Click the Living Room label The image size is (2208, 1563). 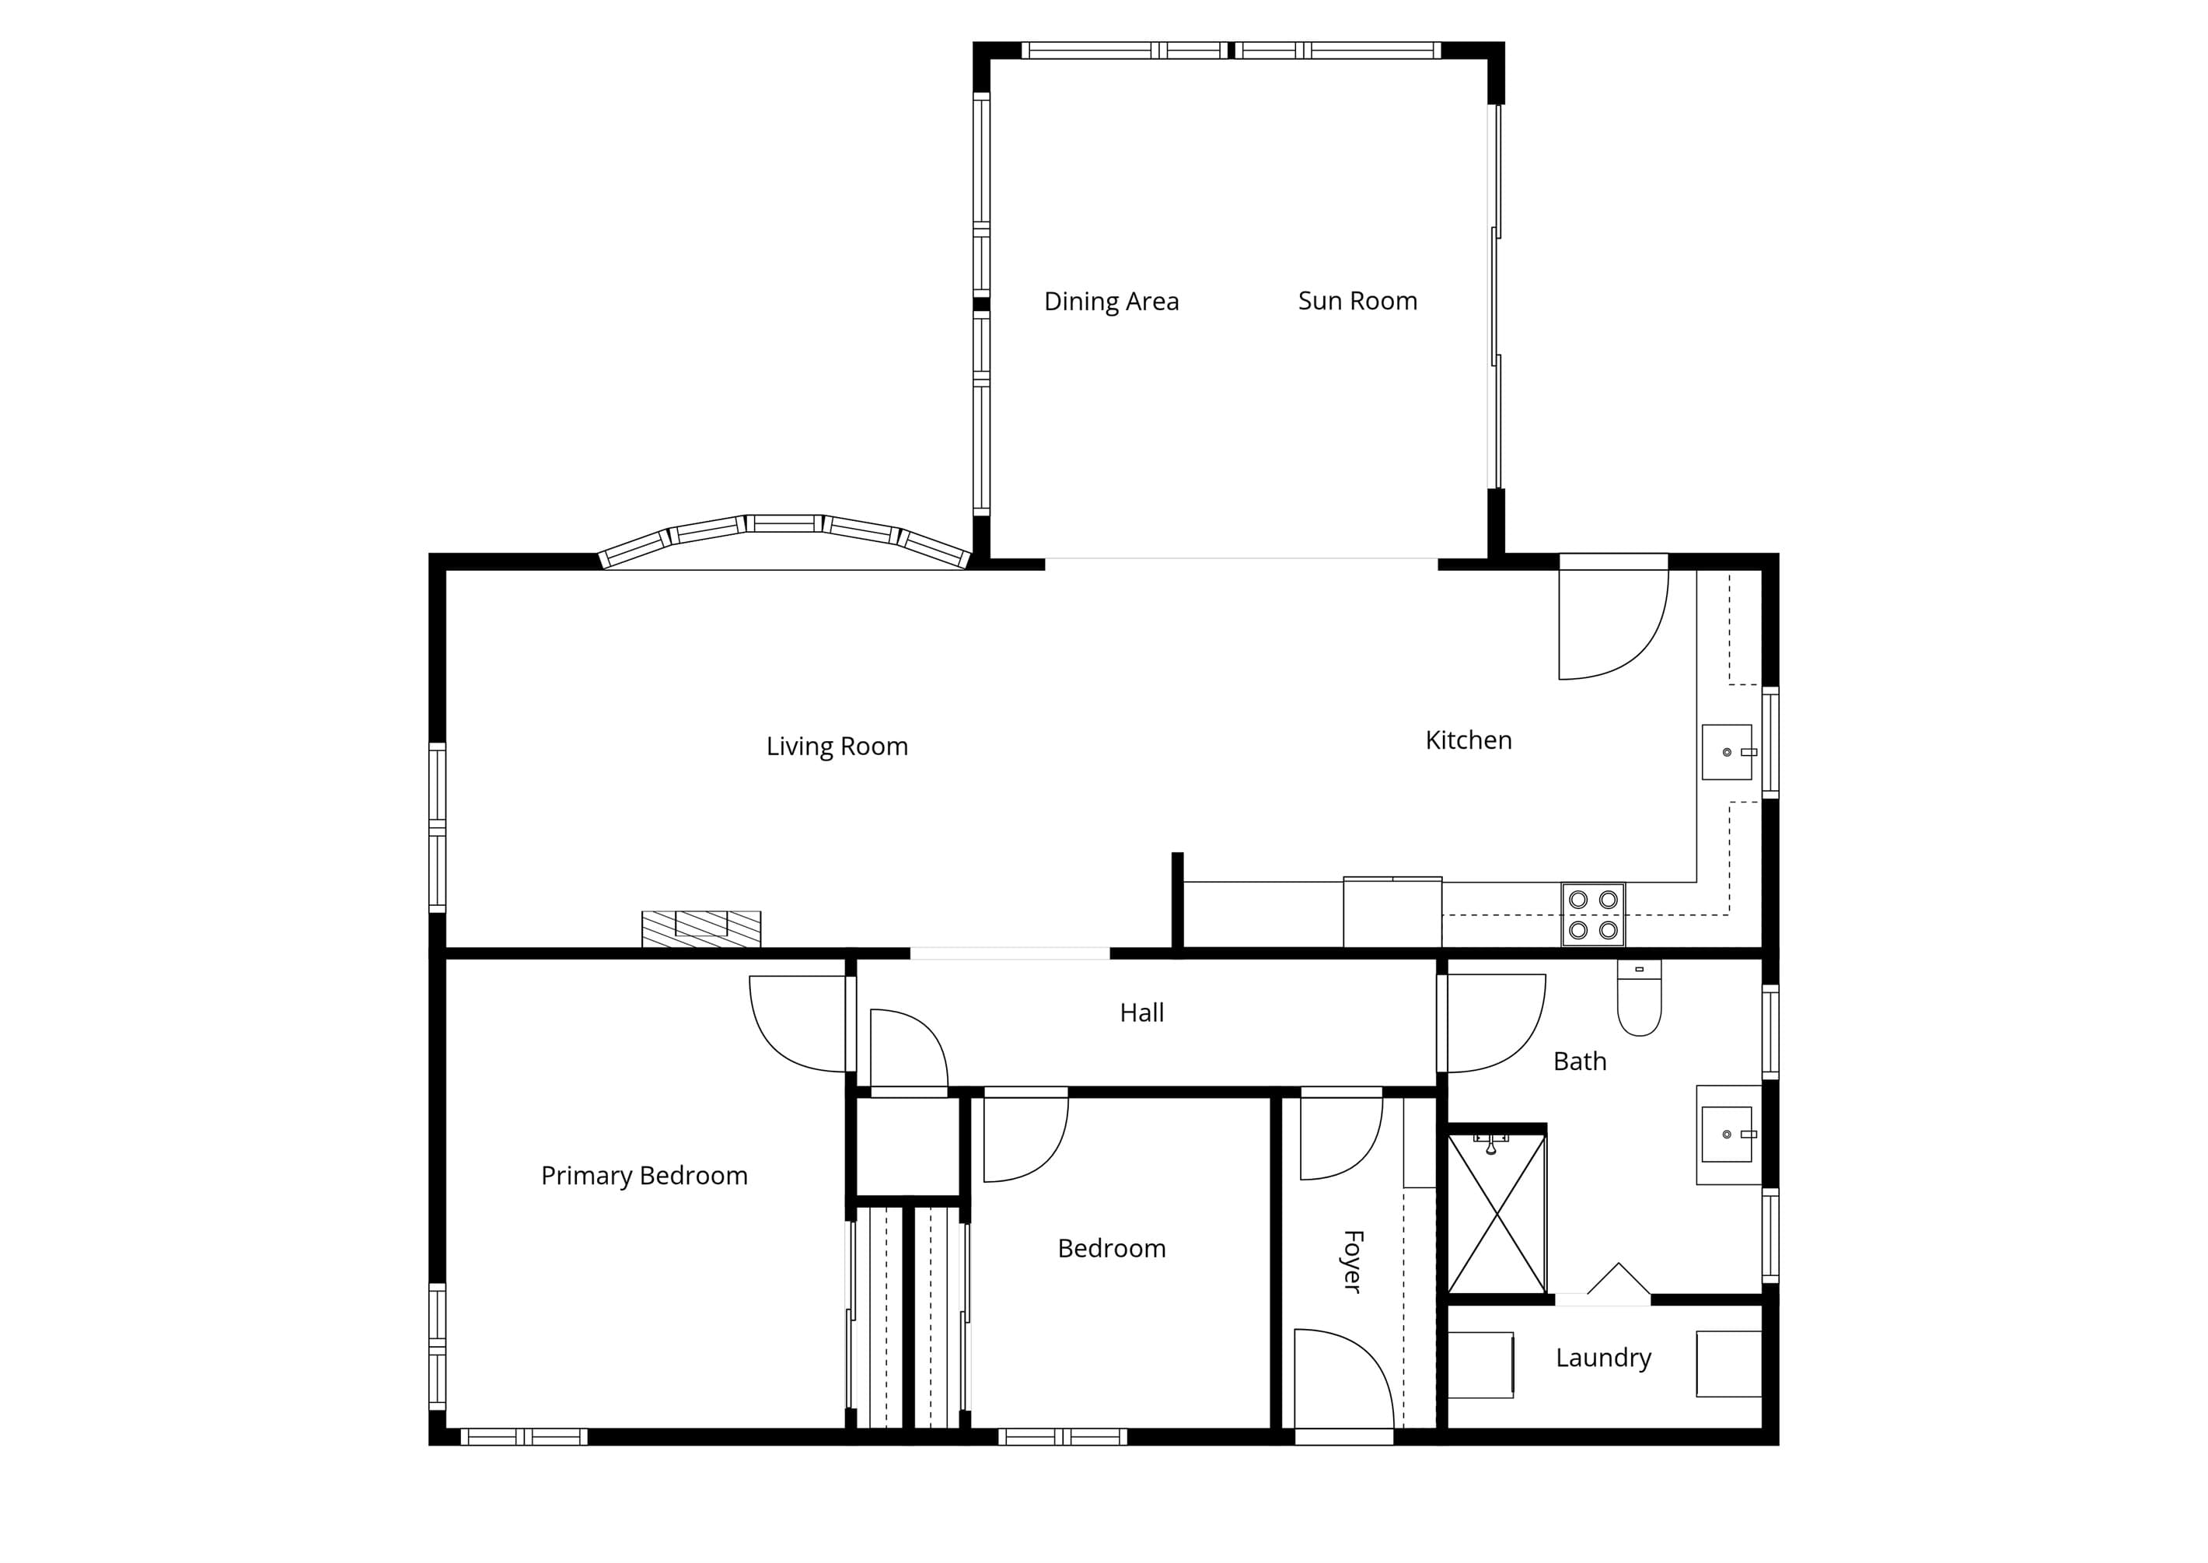[837, 747]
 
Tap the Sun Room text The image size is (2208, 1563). [1357, 301]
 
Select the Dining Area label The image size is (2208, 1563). [1111, 302]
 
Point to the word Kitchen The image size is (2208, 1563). [1468, 740]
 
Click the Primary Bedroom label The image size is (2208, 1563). [645, 1176]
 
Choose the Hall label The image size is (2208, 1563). [1142, 1012]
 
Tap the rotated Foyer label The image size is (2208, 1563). [1353, 1261]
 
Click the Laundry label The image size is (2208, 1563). [1604, 1358]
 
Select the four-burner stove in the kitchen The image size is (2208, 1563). [1593, 914]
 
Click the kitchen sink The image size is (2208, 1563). [1727, 752]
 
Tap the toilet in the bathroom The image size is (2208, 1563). [1640, 997]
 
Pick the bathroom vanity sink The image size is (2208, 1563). [1727, 1135]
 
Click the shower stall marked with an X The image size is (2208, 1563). [1497, 1214]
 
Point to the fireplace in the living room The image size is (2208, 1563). [701, 928]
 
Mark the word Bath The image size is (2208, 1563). [1580, 1061]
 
